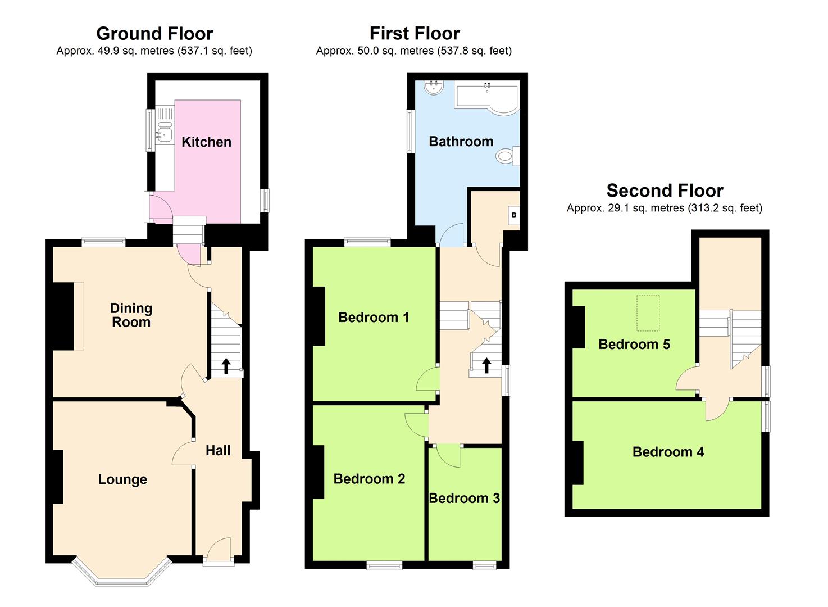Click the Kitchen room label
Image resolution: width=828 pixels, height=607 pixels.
[x=206, y=142]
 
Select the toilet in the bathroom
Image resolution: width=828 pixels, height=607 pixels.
[x=507, y=155]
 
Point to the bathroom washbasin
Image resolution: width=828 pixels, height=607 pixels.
[x=434, y=88]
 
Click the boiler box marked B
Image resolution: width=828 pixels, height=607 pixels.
[x=513, y=215]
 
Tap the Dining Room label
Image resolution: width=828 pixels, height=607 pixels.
[x=131, y=315]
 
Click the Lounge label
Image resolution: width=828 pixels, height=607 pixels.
[x=122, y=479]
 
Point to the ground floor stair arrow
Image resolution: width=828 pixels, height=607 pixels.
[x=226, y=366]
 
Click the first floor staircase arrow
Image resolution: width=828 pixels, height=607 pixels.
[x=486, y=365]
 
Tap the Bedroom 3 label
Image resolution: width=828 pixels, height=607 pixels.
[x=464, y=499]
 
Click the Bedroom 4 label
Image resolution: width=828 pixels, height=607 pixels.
[x=668, y=452]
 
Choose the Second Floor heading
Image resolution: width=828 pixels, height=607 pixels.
[x=665, y=191]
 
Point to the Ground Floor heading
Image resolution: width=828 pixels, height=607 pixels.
[x=154, y=34]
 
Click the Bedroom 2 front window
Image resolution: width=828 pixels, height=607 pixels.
[x=384, y=565]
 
